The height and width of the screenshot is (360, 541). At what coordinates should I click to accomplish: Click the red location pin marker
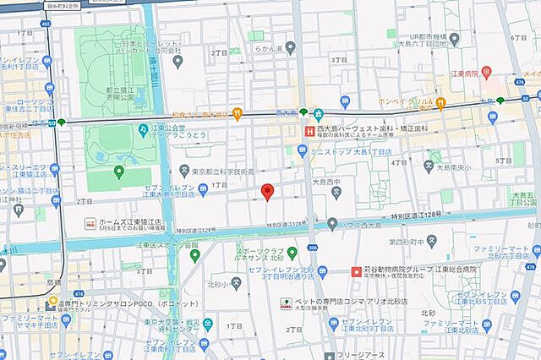(267, 191)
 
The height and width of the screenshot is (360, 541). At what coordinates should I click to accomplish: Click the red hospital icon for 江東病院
(486, 73)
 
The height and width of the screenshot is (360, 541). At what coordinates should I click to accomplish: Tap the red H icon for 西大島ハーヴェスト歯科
(309, 132)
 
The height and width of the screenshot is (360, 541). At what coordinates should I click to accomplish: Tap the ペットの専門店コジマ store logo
(286, 302)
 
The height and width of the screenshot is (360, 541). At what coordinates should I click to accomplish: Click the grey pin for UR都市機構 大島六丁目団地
(454, 38)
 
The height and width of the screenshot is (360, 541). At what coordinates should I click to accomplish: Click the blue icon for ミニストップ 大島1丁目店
(302, 151)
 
